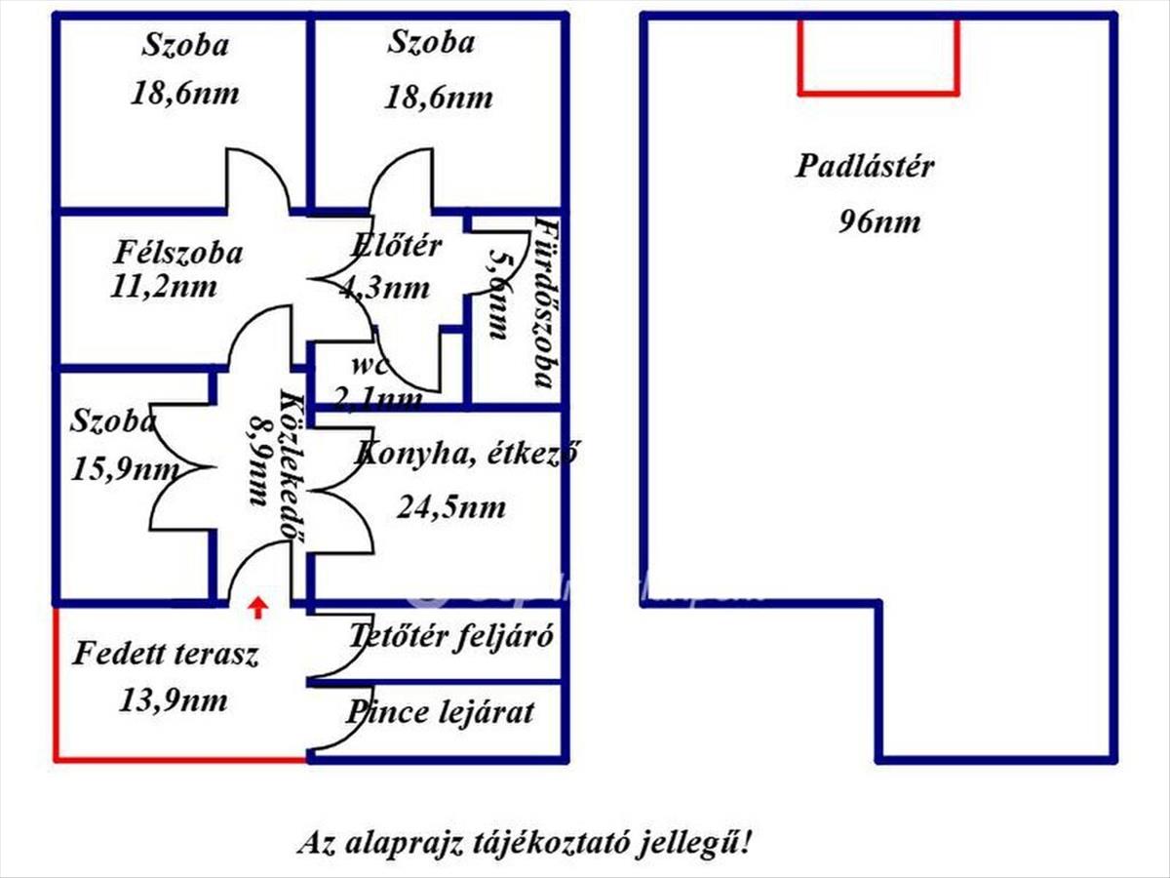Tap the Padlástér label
pos(864,166)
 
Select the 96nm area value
pos(878,221)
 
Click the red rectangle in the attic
pos(877,56)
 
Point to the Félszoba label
pos(177,253)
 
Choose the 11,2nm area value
pos(165,287)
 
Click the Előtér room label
pos(396,246)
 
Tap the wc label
pos(370,368)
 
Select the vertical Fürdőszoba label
pos(546,302)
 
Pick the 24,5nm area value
pos(451,507)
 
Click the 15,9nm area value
pos(124,470)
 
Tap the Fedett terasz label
pos(166,654)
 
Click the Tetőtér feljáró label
pos(451,637)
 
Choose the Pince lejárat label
pos(440,712)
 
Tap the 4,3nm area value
pos(383,287)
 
